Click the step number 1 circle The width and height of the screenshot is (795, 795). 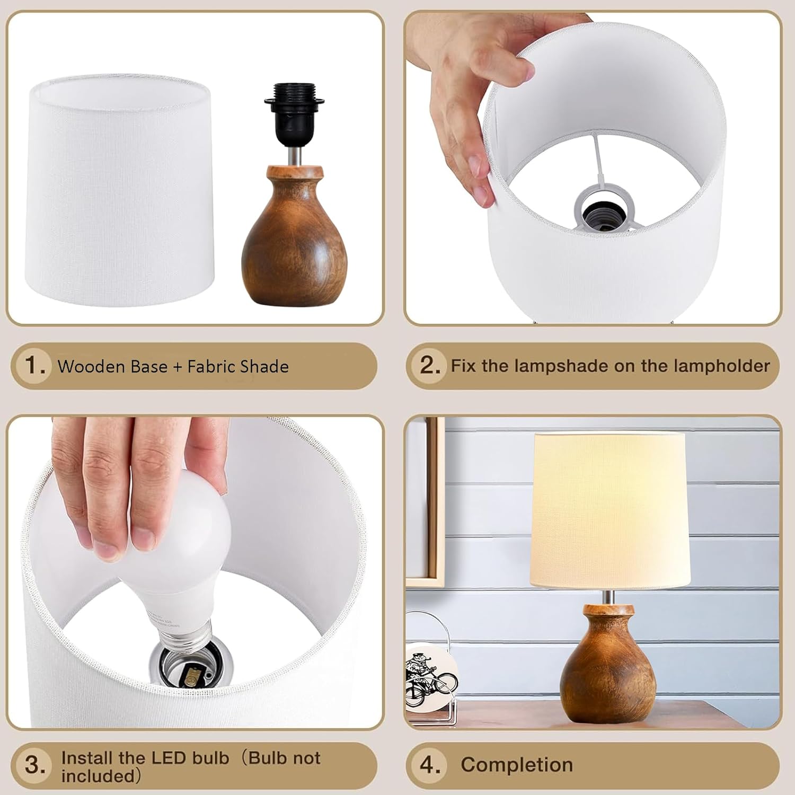click(34, 366)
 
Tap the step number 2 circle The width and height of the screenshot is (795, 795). click(430, 366)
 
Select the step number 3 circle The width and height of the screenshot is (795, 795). click(35, 765)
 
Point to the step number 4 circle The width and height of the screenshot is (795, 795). click(430, 765)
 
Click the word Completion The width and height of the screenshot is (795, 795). click(517, 765)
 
